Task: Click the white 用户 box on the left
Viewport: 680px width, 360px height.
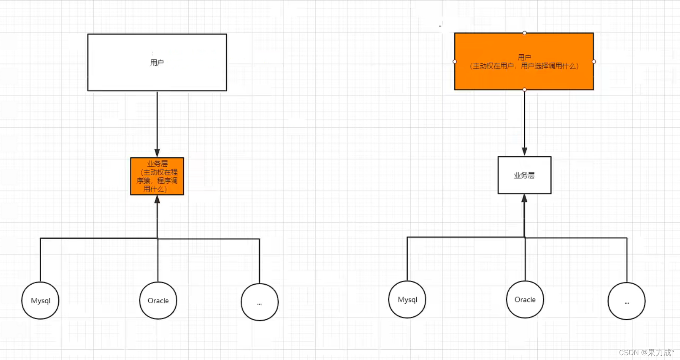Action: coord(157,62)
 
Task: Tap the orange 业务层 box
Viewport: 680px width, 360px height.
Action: coord(157,176)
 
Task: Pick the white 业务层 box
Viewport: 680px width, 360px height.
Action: coord(524,175)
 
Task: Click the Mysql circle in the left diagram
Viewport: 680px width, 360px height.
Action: coord(40,301)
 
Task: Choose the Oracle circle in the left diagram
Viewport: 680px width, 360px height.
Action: coord(158,301)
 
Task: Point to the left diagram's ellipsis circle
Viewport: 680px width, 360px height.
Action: coord(259,302)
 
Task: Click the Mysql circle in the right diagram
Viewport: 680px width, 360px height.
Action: coord(407,299)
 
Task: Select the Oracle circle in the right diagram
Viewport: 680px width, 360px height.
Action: coord(525,299)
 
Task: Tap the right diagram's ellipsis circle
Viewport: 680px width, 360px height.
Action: coord(626,301)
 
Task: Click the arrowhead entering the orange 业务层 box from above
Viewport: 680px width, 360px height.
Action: coord(157,153)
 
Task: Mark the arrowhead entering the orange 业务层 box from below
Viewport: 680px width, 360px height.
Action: coord(157,199)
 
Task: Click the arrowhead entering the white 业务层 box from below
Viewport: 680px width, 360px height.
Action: coord(525,198)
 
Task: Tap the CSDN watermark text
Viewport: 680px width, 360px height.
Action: coord(646,352)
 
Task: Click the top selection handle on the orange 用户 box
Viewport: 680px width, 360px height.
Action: coord(525,33)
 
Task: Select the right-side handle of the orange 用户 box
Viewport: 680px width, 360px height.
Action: coord(594,61)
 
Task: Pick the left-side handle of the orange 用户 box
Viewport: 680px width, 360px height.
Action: coord(455,61)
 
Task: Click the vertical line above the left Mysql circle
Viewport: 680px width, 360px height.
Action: coord(40,260)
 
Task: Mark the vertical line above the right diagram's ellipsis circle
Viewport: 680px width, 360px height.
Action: coord(627,260)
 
